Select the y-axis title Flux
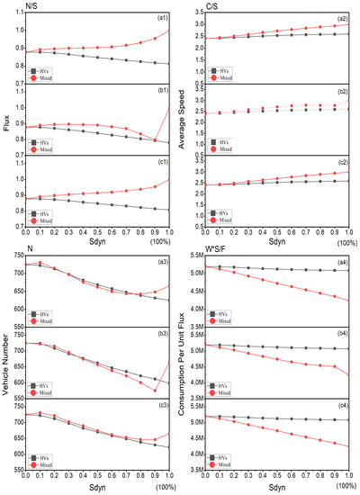[x=9, y=115]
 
